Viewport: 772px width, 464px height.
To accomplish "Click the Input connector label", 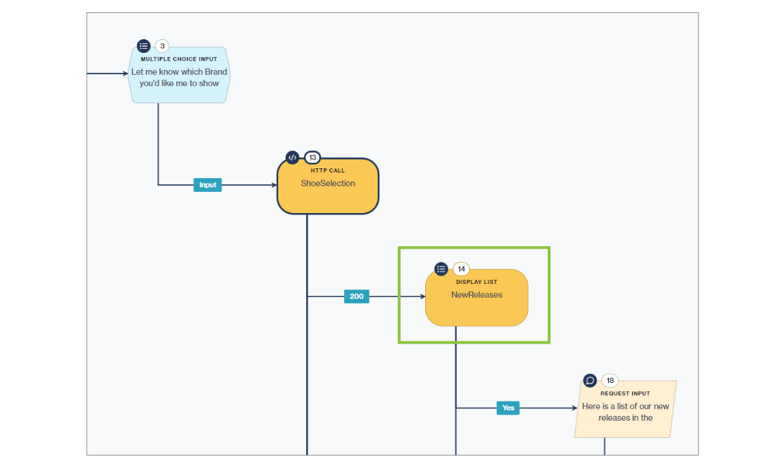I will [x=207, y=185].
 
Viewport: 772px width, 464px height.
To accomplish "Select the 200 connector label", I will [x=356, y=296].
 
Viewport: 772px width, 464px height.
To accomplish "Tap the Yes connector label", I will [x=508, y=408].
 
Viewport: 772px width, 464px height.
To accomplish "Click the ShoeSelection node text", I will [x=328, y=184].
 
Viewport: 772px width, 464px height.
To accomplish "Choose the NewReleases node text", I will [x=476, y=295].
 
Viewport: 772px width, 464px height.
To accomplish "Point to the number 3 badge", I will [x=162, y=47].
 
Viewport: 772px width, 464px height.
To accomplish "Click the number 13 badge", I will [x=312, y=157].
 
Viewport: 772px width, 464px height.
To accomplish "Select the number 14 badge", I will [x=461, y=269].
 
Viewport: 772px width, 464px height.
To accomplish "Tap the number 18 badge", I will [x=610, y=381].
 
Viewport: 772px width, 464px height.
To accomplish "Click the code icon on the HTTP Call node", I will [x=292, y=157].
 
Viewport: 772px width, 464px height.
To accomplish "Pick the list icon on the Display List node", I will [x=441, y=269].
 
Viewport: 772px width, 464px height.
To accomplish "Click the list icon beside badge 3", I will [x=143, y=46].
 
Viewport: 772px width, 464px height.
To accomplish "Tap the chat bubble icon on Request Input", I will [x=590, y=380].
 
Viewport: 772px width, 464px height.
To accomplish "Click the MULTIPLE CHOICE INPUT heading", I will [x=179, y=59].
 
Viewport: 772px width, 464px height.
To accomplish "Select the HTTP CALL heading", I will [x=328, y=170].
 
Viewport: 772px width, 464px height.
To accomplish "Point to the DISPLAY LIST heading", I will [x=476, y=282].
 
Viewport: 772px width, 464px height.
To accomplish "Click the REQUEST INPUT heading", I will [x=625, y=394].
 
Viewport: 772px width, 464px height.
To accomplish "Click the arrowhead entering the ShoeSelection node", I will [x=273, y=185].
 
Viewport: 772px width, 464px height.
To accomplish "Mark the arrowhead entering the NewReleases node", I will [x=422, y=296].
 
